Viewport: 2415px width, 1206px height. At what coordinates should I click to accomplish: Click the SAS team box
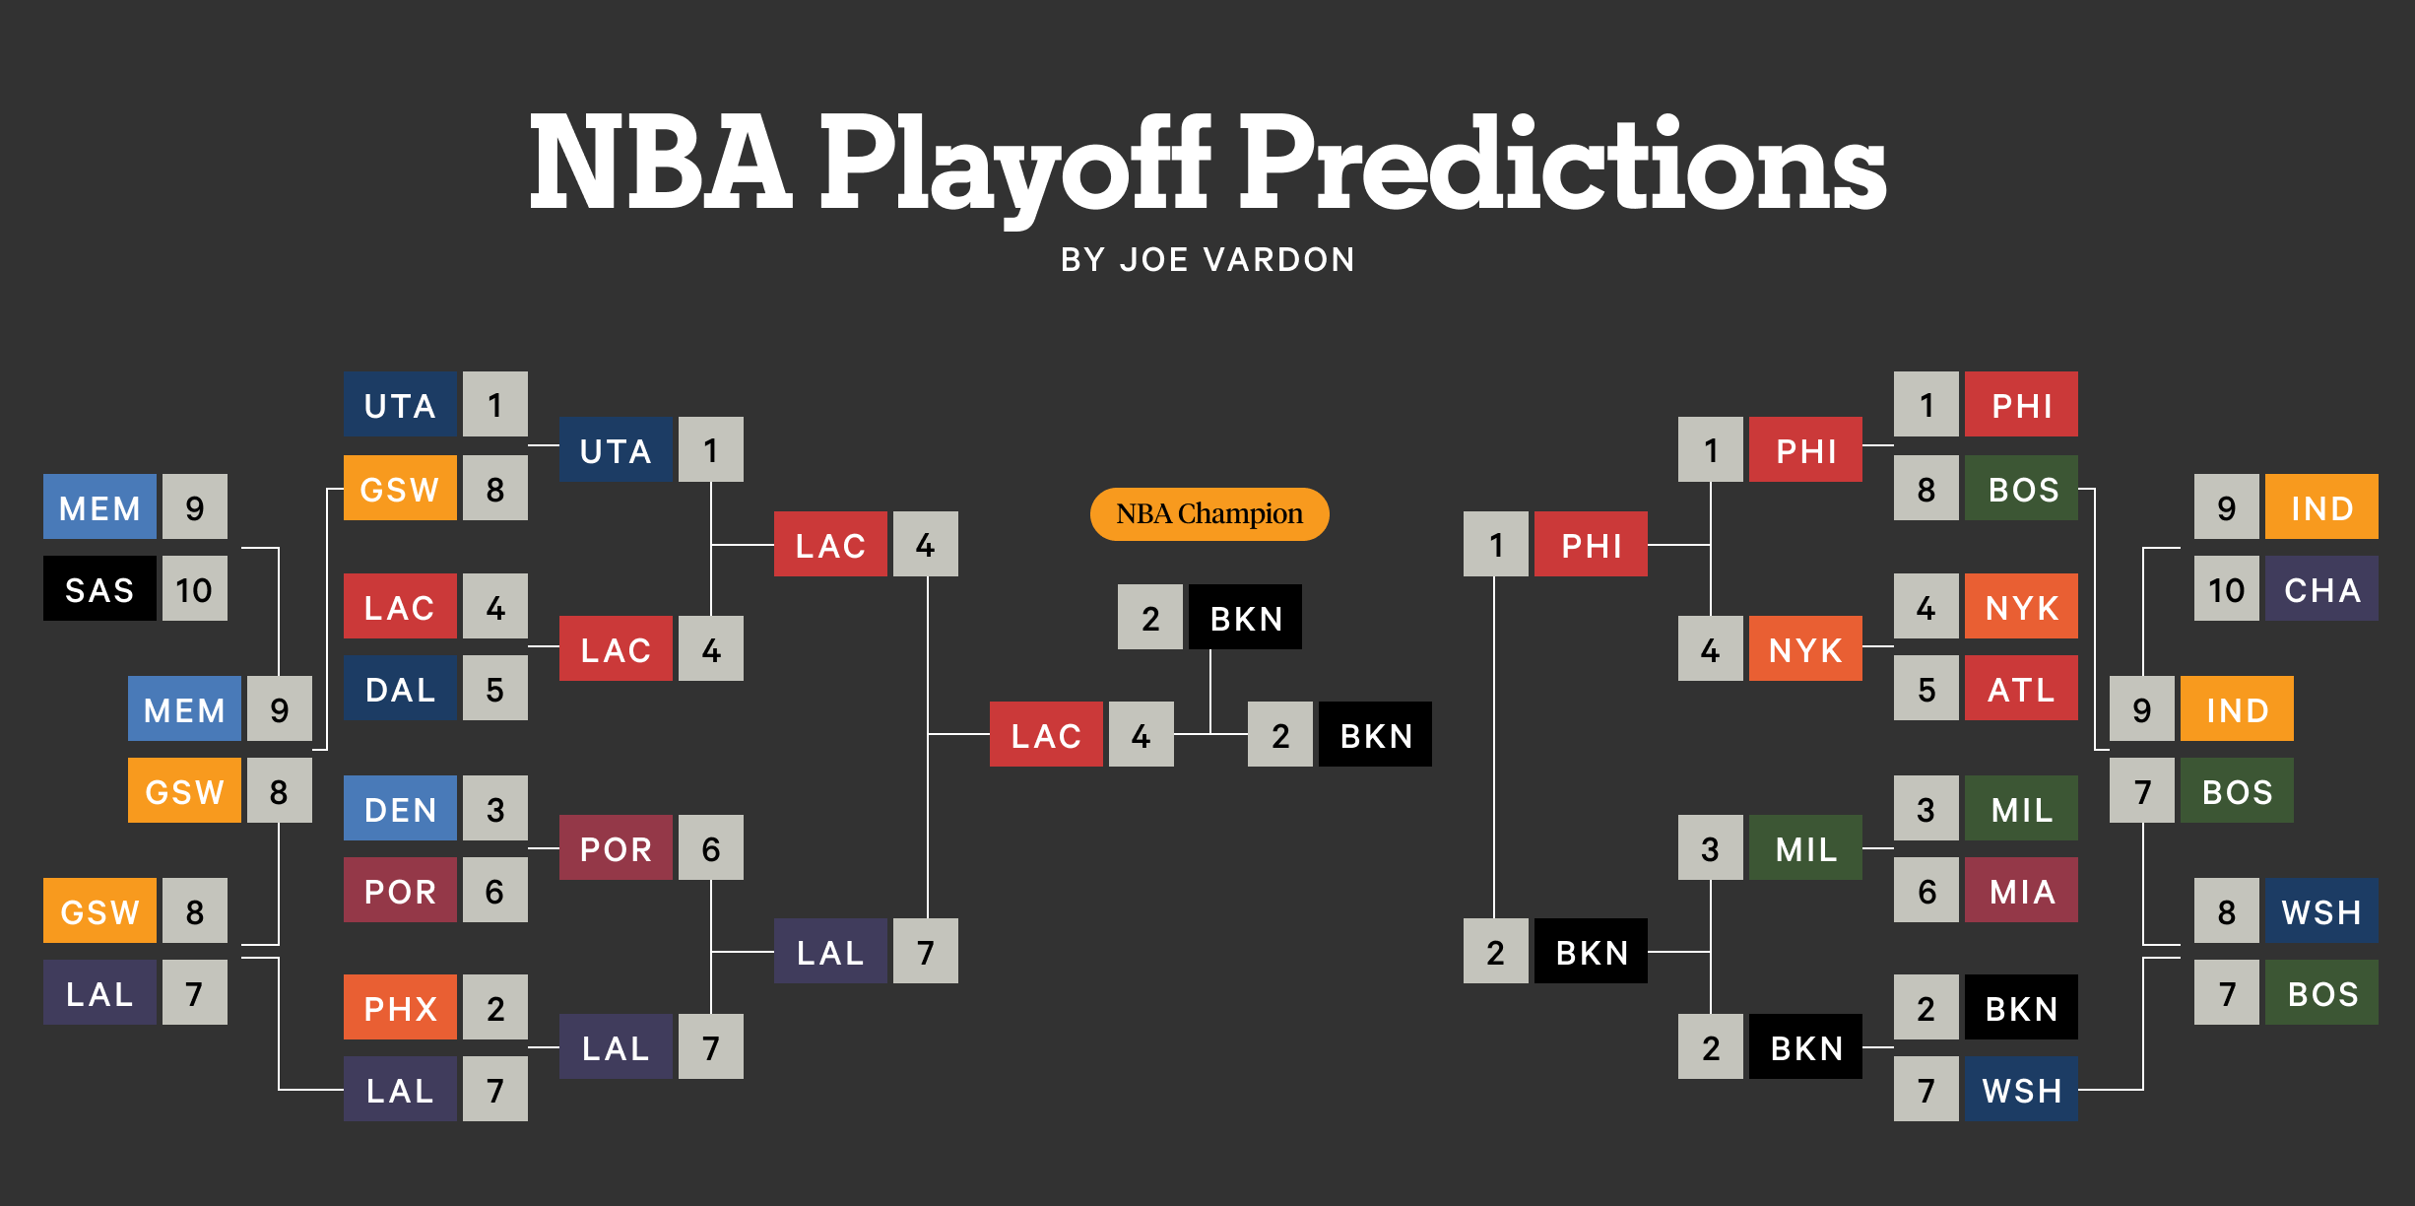pos(99,588)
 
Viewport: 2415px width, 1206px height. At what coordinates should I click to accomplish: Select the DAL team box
pos(400,689)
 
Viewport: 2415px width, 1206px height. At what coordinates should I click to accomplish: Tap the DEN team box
pos(400,809)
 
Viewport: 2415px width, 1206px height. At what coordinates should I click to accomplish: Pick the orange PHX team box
pos(400,1007)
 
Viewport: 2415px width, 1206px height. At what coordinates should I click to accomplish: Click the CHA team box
pos(2321,588)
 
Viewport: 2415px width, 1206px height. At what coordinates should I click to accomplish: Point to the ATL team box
pos(2021,689)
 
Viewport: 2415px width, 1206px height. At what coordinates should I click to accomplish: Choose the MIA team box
pos(2021,890)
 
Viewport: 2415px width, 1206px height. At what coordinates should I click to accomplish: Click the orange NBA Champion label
pos(1209,514)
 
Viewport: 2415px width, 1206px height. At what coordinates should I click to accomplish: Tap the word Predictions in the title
pos(1562,163)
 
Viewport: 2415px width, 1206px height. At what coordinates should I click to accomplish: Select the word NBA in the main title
pos(660,163)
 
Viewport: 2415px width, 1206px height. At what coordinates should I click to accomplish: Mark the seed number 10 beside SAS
pos(194,588)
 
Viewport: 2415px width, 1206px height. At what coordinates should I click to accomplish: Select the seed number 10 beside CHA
pos(2226,588)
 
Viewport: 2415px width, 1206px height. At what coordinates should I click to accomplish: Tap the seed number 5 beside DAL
pos(495,689)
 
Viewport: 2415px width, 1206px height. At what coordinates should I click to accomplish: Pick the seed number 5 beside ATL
pos(1926,689)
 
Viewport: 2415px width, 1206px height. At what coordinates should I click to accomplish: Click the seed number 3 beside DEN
pos(495,809)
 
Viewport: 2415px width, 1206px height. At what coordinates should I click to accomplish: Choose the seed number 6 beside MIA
pos(1926,890)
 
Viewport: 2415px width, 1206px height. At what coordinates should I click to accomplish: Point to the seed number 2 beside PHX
pos(495,1007)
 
